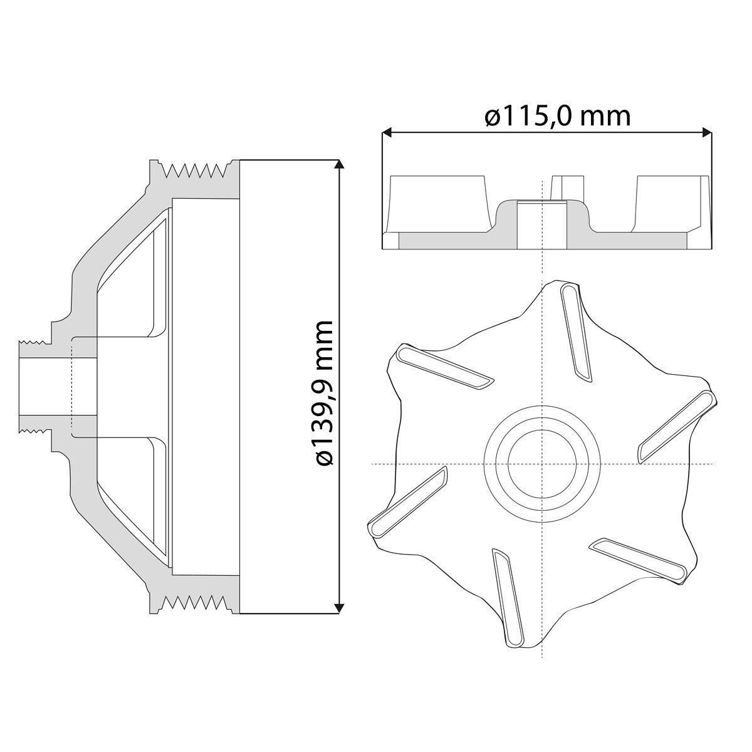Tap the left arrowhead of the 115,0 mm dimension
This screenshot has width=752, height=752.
387,132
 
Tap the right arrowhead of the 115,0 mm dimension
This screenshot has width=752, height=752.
707,132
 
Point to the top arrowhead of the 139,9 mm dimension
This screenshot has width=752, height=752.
340,165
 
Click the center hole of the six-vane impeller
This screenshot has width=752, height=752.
542,464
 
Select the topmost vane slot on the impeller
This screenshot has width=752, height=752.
576,333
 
